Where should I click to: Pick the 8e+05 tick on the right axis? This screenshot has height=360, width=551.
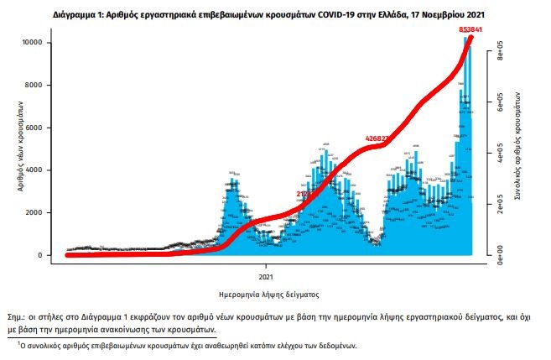click(499, 59)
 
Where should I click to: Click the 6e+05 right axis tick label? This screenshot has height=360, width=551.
click(499, 107)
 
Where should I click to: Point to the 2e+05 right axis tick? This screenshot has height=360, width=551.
click(499, 203)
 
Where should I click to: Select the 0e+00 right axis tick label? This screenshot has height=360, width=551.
click(499, 250)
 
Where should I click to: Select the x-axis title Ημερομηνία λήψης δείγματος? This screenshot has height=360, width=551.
click(267, 295)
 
